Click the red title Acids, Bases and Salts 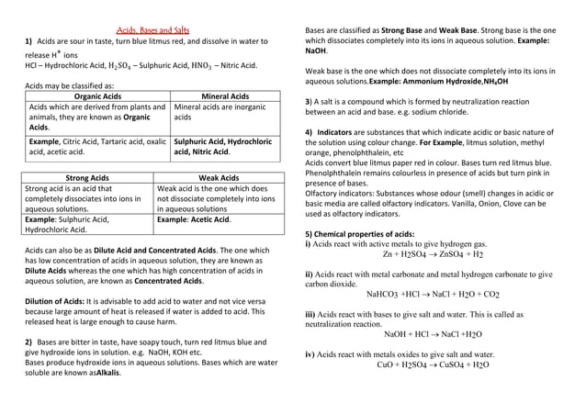(152, 30)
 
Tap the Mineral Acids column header (224, 95)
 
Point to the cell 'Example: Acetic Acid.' (194, 220)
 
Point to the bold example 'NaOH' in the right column (318, 52)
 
